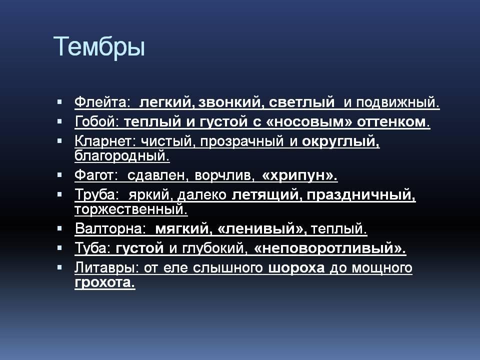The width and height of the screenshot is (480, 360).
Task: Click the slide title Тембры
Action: [99, 47]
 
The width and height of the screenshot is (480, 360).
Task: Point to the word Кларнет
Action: [105, 141]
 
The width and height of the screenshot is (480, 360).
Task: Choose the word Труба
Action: [96, 194]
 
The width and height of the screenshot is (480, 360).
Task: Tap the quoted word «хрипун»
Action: [299, 175]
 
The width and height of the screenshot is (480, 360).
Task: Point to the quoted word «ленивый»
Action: [261, 228]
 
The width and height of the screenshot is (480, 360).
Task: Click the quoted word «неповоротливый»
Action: [329, 248]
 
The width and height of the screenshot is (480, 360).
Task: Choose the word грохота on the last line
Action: [104, 282]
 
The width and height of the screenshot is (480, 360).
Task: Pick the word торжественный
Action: [131, 209]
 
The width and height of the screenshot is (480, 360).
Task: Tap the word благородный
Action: [122, 156]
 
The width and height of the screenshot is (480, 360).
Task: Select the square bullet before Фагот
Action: [59, 175]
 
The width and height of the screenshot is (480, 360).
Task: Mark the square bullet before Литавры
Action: [59, 267]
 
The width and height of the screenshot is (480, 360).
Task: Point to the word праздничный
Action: [361, 195]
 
